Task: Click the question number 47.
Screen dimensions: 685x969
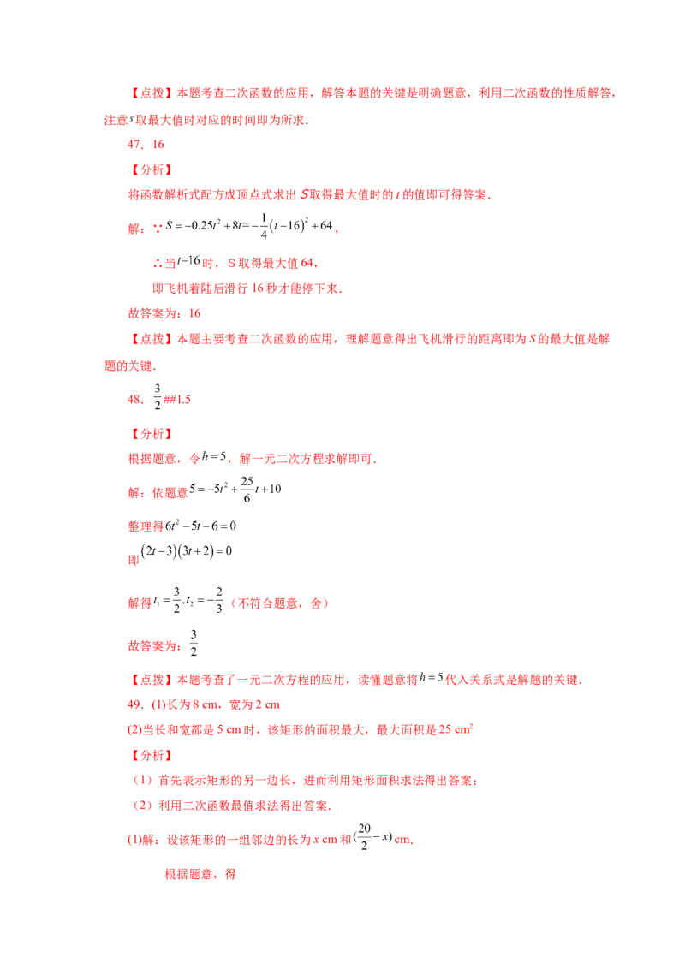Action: [134, 145]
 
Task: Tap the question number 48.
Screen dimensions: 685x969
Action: [134, 400]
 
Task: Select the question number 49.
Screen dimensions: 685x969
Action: [134, 704]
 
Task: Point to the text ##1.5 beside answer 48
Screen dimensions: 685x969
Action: [177, 400]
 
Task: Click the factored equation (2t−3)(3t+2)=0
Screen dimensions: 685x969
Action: [186, 551]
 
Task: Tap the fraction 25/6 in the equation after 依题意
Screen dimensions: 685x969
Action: [247, 489]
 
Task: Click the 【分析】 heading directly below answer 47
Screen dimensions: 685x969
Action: [151, 170]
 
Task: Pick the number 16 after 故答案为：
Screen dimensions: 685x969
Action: [194, 313]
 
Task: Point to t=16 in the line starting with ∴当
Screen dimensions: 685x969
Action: [188, 261]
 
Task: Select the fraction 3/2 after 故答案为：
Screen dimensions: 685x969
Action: [194, 644]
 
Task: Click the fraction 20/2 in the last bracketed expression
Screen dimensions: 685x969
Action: [364, 836]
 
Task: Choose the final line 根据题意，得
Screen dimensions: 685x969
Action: [200, 874]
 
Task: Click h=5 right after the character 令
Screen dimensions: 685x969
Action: [214, 457]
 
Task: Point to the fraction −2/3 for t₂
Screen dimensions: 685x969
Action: [216, 600]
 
